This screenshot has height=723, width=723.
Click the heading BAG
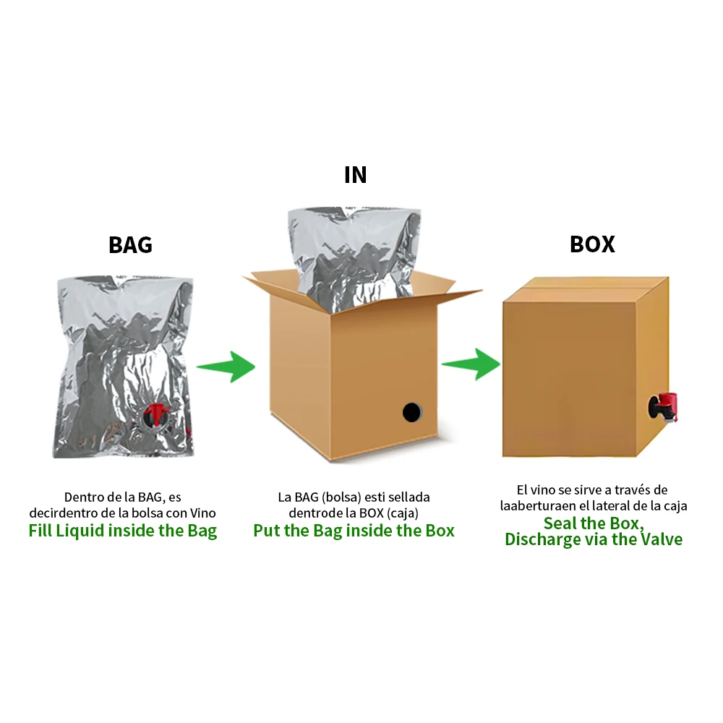pyautogui.click(x=130, y=244)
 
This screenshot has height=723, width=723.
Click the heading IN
pyautogui.click(x=355, y=175)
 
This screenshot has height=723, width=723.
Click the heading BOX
pyautogui.click(x=592, y=244)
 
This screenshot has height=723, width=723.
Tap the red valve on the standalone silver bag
pyautogui.click(x=155, y=415)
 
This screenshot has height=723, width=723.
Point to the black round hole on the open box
pyautogui.click(x=411, y=412)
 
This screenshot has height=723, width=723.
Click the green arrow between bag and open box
pyautogui.click(x=226, y=367)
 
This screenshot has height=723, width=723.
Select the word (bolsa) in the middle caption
pyautogui.click(x=341, y=497)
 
